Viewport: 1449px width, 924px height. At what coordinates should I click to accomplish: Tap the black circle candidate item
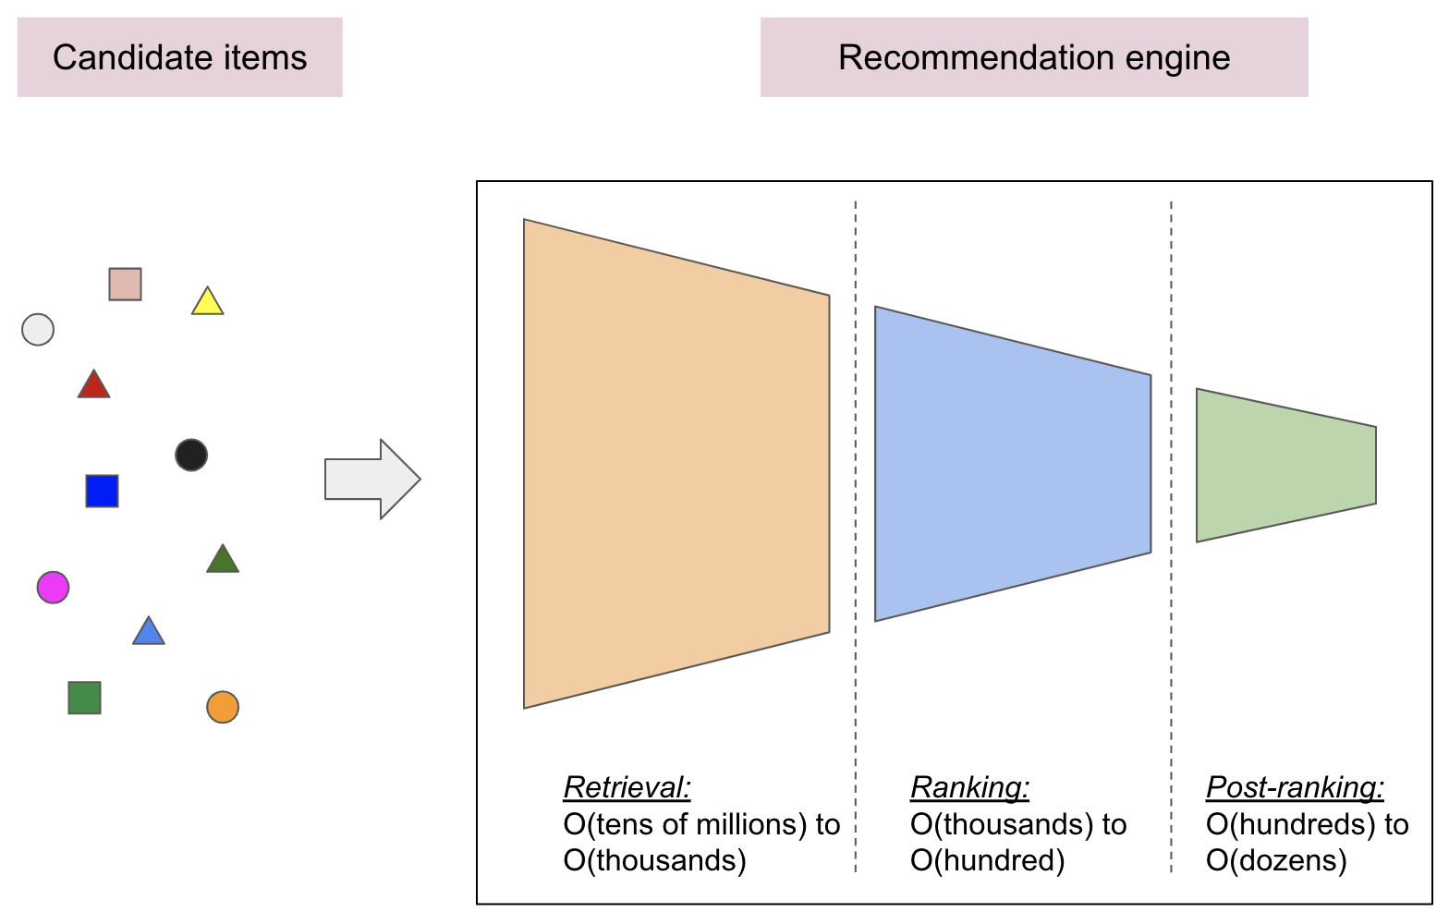pos(191,455)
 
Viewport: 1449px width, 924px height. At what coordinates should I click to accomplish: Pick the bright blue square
pos(102,492)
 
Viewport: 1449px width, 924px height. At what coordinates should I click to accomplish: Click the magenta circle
pos(53,588)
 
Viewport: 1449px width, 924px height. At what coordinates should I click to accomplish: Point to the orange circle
pos(223,708)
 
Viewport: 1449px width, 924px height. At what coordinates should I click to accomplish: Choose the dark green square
pos(84,698)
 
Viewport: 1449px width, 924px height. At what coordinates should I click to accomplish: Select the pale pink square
pos(125,285)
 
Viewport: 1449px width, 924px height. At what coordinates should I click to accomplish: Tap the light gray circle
pos(38,330)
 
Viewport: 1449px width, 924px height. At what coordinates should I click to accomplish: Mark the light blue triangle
pos(149,633)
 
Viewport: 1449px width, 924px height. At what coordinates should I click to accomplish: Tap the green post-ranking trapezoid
pos(1285,465)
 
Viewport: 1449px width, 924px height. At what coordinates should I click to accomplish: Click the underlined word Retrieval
pos(627,787)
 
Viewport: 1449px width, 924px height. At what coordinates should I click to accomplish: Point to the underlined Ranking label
pos(969,787)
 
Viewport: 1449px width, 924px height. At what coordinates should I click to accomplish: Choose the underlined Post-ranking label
pos(1295,787)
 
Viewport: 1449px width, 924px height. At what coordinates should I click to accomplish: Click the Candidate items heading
pos(179,57)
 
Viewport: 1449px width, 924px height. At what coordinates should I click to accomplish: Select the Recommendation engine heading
pos(1034,57)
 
